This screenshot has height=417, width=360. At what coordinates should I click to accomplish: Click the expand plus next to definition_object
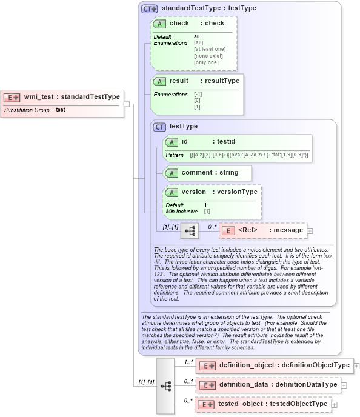click(357, 365)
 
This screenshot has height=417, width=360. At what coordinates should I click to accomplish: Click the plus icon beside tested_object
click(335, 404)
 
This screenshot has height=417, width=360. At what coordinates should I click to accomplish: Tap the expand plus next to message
click(310, 230)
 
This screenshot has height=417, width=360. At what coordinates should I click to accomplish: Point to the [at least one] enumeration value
click(209, 49)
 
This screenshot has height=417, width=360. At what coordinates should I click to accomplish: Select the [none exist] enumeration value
click(206, 56)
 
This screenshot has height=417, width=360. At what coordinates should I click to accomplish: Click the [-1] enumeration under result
click(198, 95)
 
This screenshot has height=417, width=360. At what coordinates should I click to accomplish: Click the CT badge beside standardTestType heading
click(149, 9)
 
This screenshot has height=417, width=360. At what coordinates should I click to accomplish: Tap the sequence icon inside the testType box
click(190, 230)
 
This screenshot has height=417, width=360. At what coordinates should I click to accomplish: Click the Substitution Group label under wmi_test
click(27, 110)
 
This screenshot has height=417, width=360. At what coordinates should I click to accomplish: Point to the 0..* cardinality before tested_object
click(188, 401)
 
